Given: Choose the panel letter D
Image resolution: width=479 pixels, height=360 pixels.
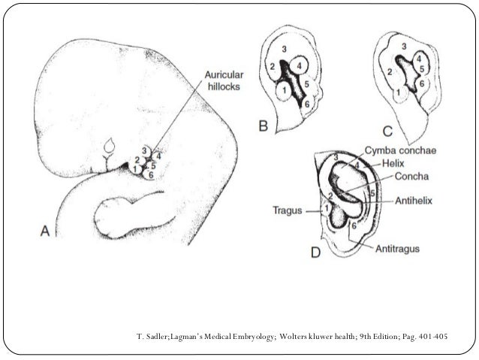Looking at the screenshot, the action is pyautogui.click(x=315, y=253).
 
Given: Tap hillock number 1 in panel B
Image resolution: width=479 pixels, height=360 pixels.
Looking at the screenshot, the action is pyautogui.click(x=282, y=92).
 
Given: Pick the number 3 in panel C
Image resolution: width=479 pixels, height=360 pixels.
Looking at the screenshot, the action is pyautogui.click(x=404, y=47).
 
